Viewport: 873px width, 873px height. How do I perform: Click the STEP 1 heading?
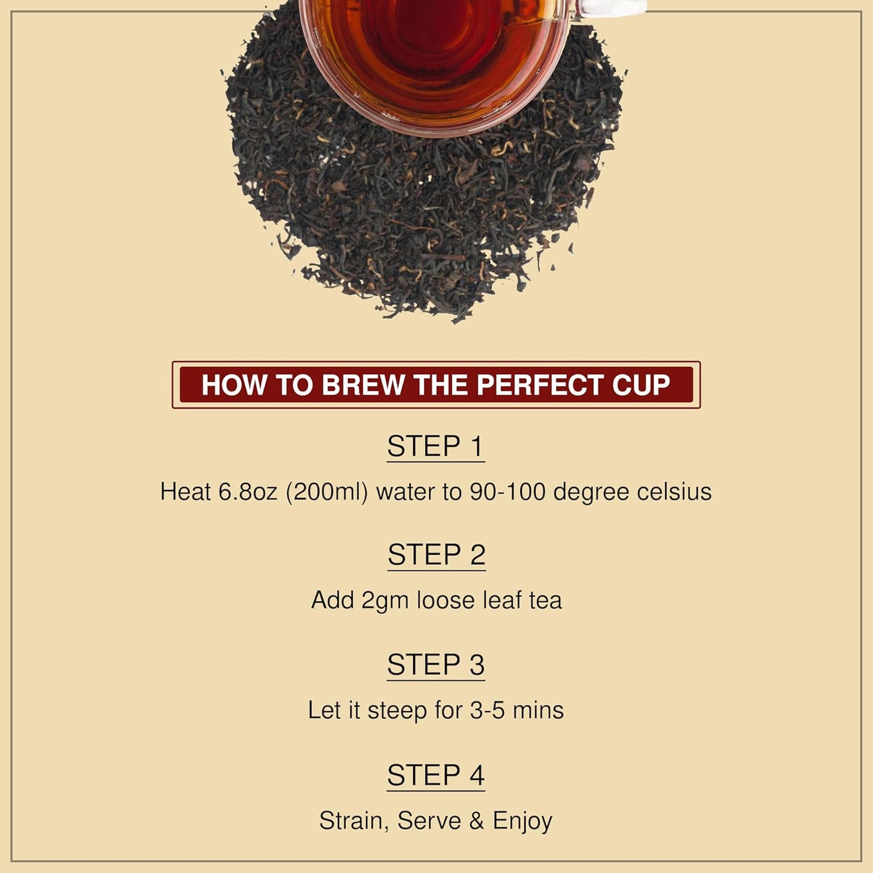(x=436, y=446)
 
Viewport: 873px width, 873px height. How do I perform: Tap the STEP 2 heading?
(x=436, y=555)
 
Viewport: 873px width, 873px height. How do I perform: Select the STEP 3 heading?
(x=436, y=665)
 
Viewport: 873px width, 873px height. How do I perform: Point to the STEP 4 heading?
(x=436, y=775)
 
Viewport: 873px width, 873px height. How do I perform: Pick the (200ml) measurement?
(x=327, y=492)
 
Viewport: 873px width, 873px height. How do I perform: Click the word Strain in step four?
(x=354, y=821)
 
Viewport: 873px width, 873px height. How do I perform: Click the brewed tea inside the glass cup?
(x=435, y=42)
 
